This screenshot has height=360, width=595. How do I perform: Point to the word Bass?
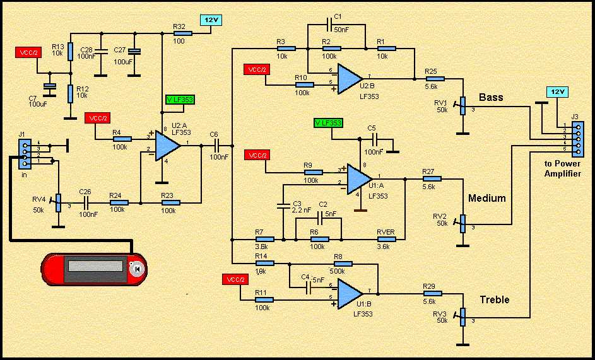point(491,98)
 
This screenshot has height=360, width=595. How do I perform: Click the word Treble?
point(494,299)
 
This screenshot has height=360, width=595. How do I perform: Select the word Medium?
point(486,198)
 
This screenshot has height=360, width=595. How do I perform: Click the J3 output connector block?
point(574,139)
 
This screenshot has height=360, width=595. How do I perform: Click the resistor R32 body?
point(182,33)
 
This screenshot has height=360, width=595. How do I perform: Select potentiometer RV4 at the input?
point(57,203)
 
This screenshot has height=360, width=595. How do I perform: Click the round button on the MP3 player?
point(137,269)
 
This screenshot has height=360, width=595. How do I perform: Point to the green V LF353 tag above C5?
point(328,122)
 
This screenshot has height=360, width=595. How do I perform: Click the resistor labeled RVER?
point(385,239)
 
